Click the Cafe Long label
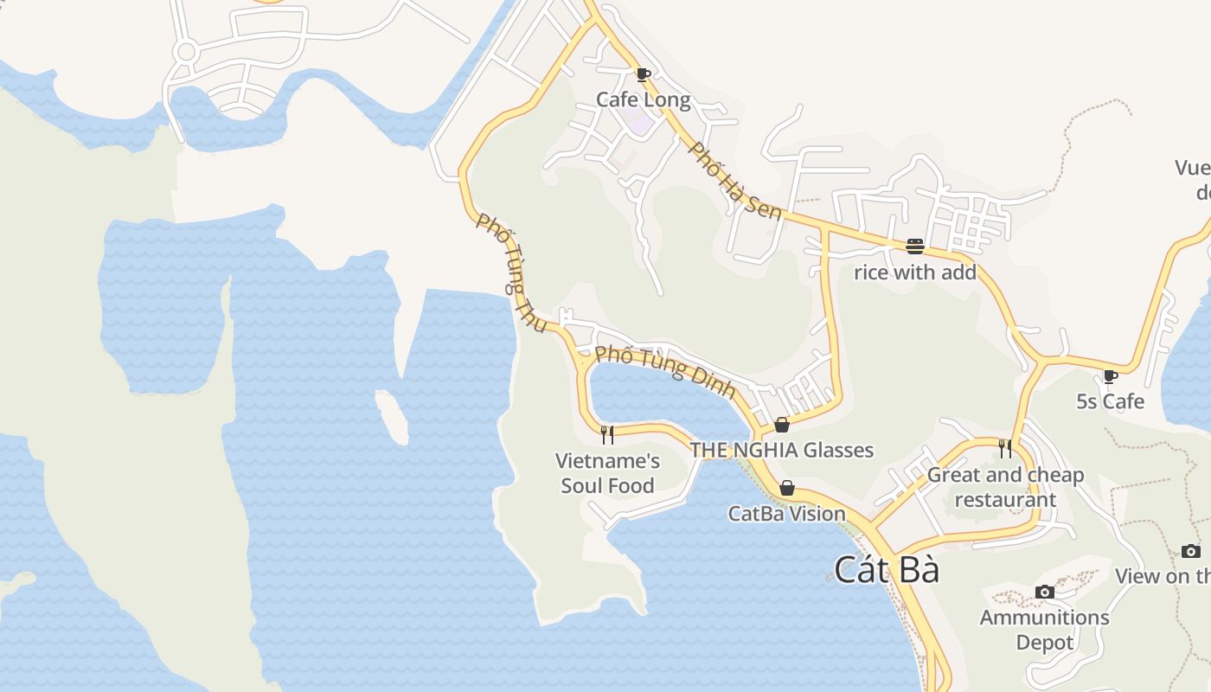(x=643, y=99)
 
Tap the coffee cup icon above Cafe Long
(x=642, y=74)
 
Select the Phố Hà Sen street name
(x=735, y=181)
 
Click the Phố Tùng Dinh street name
(x=665, y=372)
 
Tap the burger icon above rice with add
(x=915, y=247)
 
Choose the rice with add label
(x=915, y=272)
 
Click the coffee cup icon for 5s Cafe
(x=1111, y=376)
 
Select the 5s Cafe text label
(x=1110, y=401)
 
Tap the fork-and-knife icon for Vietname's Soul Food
(x=607, y=434)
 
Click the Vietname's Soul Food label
(x=607, y=473)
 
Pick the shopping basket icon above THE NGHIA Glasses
(x=782, y=425)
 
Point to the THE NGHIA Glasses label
(x=781, y=450)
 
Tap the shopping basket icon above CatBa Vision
(x=787, y=489)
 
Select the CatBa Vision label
(x=786, y=514)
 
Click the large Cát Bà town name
(x=887, y=570)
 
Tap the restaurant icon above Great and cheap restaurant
(x=1005, y=448)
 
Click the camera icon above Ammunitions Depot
(x=1045, y=592)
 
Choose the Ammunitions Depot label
(x=1044, y=630)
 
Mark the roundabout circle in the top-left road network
(x=185, y=52)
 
